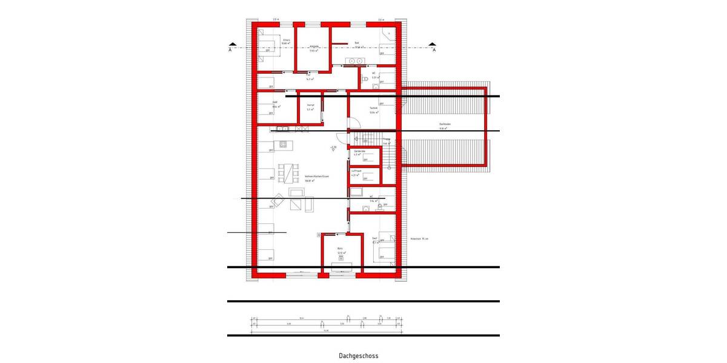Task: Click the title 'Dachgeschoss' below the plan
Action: click(358, 356)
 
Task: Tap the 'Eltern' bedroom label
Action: click(285, 40)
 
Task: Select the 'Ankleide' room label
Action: click(314, 46)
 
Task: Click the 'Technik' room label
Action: click(374, 108)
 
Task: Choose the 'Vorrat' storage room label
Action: click(310, 105)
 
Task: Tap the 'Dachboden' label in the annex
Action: click(445, 124)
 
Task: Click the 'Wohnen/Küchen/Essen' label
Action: click(317, 175)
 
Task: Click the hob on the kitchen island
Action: click(283, 143)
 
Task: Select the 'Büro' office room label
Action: click(340, 249)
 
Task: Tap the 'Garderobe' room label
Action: click(359, 151)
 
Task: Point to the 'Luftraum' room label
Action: click(357, 171)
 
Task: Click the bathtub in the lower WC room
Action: click(356, 192)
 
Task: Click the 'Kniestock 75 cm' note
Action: click(419, 239)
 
